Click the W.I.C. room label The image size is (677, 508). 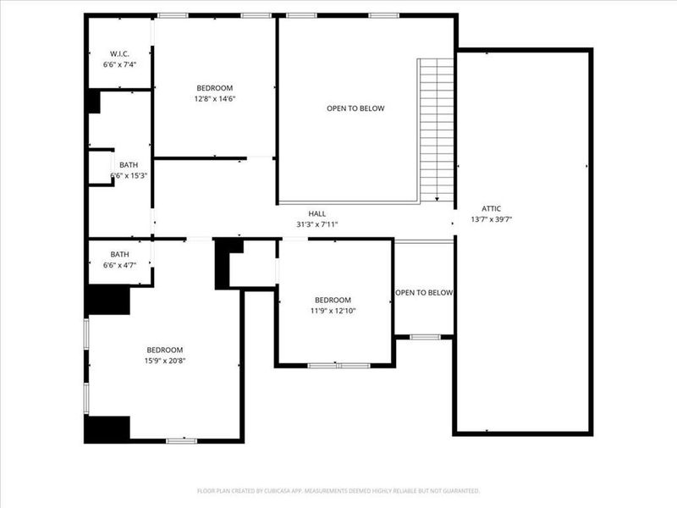pyautogui.click(x=118, y=53)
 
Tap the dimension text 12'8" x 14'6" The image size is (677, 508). pyautogui.click(x=214, y=98)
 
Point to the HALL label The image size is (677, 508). pyautogui.click(x=317, y=214)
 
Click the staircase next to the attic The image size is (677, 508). pyautogui.click(x=437, y=127)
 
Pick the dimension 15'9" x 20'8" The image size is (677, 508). pyautogui.click(x=164, y=361)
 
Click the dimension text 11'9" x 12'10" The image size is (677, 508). pyautogui.click(x=333, y=311)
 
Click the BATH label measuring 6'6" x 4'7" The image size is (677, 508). pyautogui.click(x=119, y=254)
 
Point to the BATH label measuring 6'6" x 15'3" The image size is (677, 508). pyautogui.click(x=129, y=165)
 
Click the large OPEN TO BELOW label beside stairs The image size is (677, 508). pyautogui.click(x=355, y=108)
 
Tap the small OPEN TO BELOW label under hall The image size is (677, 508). pyautogui.click(x=424, y=293)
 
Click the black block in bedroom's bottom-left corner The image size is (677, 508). pyautogui.click(x=107, y=429)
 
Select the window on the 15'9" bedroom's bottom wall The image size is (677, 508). pyautogui.click(x=181, y=440)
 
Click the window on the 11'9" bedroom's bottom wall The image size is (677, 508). pyautogui.click(x=338, y=366)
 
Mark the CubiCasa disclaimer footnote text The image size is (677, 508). pyautogui.click(x=338, y=491)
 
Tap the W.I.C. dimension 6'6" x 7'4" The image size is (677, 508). pyautogui.click(x=118, y=64)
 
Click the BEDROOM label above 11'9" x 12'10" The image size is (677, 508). pyautogui.click(x=333, y=300)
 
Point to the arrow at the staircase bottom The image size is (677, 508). pyautogui.click(x=437, y=199)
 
